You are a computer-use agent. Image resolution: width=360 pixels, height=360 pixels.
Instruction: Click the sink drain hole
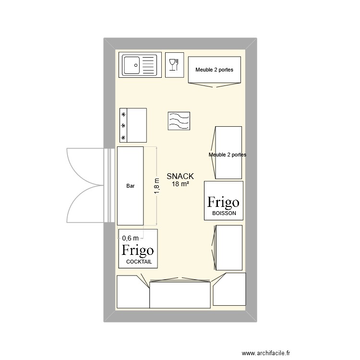coord(136,65)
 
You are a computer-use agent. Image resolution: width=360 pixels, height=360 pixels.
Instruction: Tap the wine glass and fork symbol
coord(174,65)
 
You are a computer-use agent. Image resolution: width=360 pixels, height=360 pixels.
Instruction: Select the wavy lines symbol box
coord(179,121)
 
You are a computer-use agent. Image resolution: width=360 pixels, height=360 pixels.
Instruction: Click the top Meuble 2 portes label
coord(214,70)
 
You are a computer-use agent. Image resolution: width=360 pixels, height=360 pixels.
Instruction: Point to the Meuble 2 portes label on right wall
coord(228,155)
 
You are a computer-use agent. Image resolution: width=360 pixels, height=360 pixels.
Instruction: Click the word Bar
coord(131,186)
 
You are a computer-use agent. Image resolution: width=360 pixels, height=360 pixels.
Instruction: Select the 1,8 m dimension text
coord(157,186)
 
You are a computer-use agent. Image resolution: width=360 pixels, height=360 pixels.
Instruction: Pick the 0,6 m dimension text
coord(131,238)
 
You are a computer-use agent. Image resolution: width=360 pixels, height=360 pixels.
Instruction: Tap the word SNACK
coord(180,176)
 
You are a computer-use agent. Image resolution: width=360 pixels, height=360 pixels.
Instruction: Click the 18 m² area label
coord(180,184)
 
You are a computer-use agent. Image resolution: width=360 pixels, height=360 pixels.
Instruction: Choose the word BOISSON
coord(224,213)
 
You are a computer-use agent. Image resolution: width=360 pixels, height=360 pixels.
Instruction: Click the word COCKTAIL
coord(139,262)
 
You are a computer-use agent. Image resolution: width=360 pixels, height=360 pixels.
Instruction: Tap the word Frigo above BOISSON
coord(223,203)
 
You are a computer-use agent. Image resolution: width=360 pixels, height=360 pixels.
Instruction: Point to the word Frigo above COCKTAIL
coord(138,251)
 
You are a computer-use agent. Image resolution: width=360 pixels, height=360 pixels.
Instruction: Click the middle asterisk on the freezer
coord(123,126)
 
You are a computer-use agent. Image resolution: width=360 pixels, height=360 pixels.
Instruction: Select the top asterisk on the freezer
coord(123,114)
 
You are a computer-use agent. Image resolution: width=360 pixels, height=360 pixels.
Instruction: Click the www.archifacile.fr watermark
coord(266,353)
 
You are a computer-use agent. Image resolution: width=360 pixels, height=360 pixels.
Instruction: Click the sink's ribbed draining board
coord(148,65)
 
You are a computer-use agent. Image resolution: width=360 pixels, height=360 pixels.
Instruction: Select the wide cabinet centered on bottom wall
coord(180,295)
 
